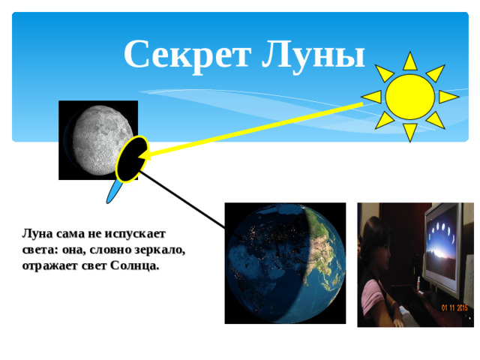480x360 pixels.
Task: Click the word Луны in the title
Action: [316, 55]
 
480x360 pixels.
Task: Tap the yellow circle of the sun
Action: [409, 96]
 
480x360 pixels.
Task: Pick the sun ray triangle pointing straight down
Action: [409, 132]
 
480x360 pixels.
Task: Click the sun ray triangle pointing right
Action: [448, 97]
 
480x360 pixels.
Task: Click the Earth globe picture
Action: [285, 262]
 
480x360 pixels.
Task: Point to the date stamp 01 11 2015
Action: [454, 308]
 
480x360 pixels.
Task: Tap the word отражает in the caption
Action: [51, 265]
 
